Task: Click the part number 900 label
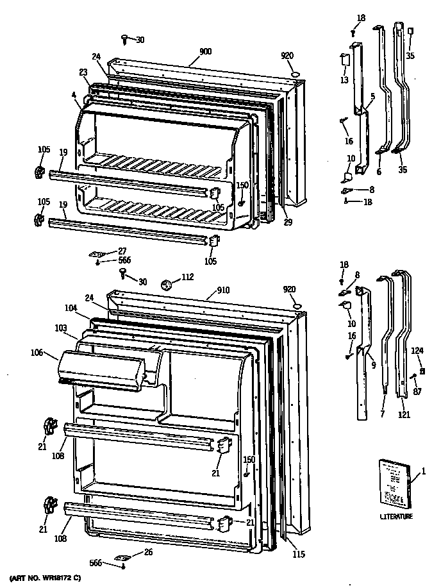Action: click(x=205, y=52)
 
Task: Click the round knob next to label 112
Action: click(x=168, y=283)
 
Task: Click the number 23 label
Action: click(x=83, y=72)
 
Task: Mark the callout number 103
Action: click(x=61, y=328)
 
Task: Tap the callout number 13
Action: click(x=344, y=80)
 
